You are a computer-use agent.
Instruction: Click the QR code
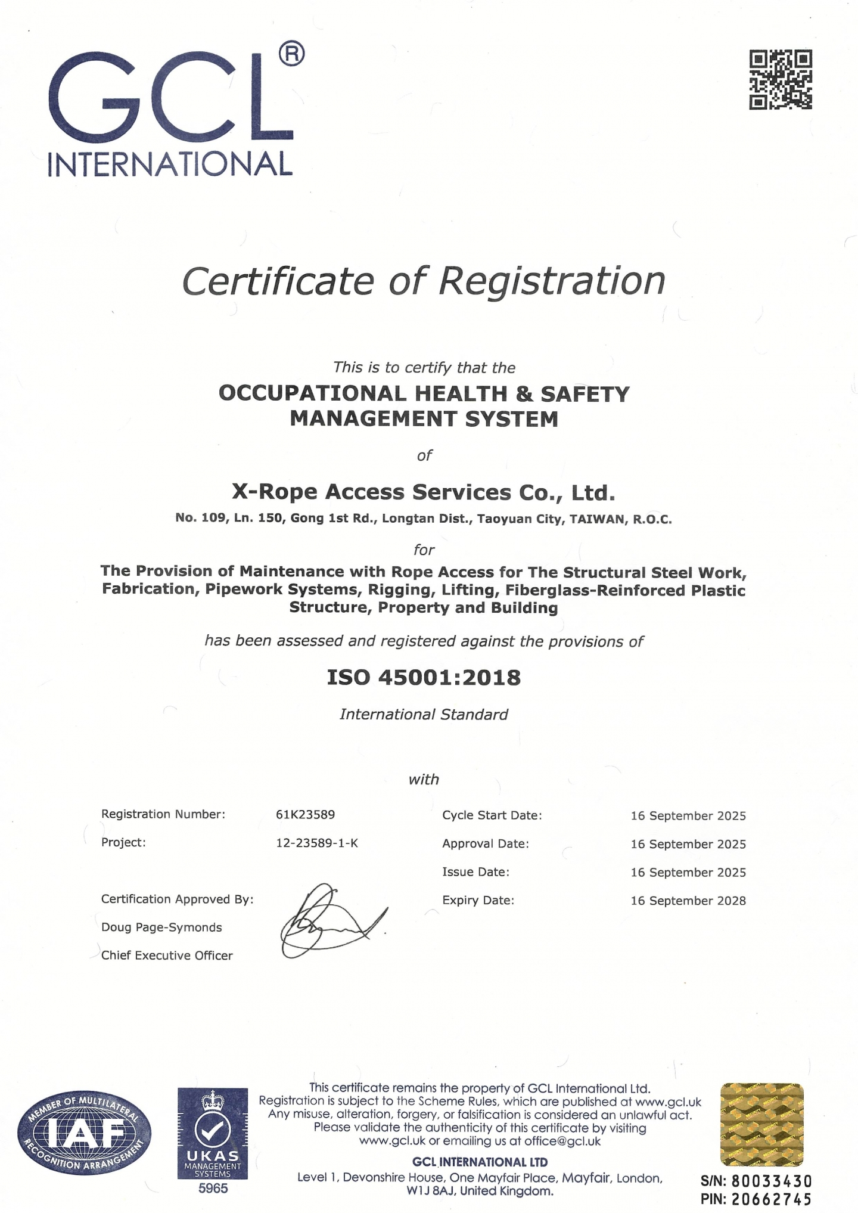780,80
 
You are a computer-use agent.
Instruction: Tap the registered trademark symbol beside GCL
291,54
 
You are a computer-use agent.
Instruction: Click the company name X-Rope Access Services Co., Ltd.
423,492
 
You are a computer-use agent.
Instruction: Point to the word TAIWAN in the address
598,519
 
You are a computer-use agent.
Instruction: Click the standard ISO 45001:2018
424,677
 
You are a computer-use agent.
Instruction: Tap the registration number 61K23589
305,814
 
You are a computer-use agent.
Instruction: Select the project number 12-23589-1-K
316,843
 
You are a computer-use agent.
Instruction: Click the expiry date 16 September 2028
688,901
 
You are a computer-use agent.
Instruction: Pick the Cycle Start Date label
492,815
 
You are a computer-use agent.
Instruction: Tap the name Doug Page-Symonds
161,927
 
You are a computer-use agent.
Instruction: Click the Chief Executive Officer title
167,955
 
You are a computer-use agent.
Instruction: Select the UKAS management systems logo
213,1133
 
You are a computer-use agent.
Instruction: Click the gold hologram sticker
762,1124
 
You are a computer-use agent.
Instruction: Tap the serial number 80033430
771,1181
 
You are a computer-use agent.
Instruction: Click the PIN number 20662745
771,1199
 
